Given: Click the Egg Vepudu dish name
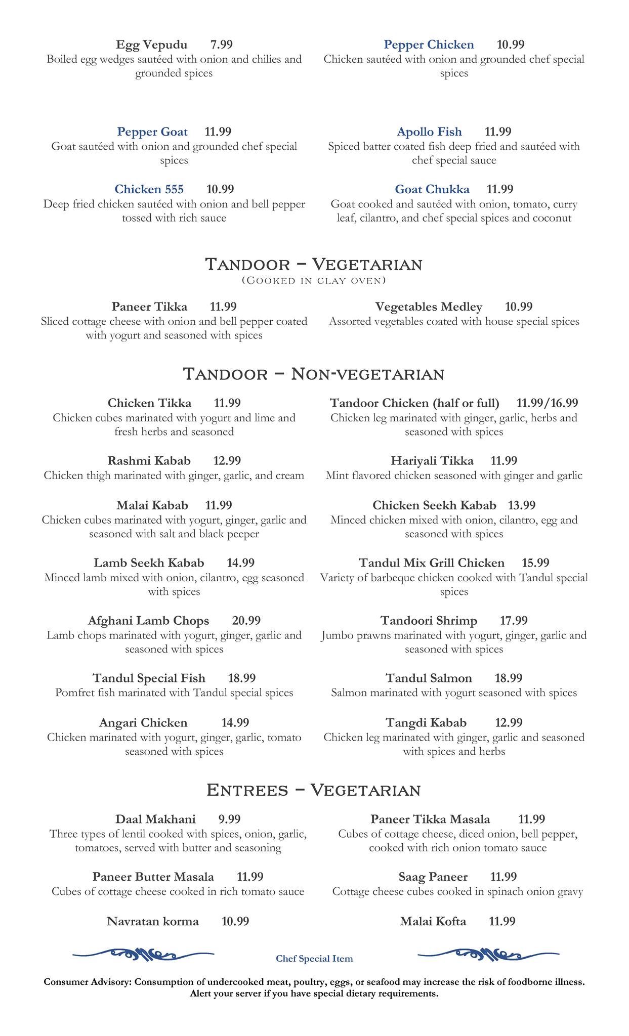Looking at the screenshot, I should pyautogui.click(x=151, y=45).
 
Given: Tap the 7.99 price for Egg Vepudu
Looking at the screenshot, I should pyautogui.click(x=221, y=45).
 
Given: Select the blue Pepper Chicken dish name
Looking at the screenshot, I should pyautogui.click(x=429, y=45).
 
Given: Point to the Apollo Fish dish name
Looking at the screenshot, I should pyautogui.click(x=429, y=132).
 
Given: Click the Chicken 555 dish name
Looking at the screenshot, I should pyautogui.click(x=149, y=190).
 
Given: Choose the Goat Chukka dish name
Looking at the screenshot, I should pyautogui.click(x=432, y=190).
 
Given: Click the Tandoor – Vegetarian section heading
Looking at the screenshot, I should pyautogui.click(x=314, y=264).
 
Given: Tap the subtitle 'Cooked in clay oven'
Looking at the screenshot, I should pyautogui.click(x=314, y=280).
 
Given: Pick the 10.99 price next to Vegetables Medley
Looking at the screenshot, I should pyautogui.click(x=519, y=307).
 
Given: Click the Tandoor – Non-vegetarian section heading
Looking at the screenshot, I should pyautogui.click(x=314, y=374).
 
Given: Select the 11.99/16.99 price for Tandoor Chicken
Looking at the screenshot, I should pyautogui.click(x=547, y=403).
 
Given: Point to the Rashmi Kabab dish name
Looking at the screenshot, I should pyautogui.click(x=149, y=461).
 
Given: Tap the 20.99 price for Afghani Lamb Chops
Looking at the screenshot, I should pyautogui.click(x=246, y=621).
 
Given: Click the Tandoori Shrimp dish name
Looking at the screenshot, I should pyautogui.click(x=429, y=621).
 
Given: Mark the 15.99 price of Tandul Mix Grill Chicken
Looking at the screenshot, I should pyautogui.click(x=535, y=563).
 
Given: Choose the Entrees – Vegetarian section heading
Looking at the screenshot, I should pyautogui.click(x=314, y=790).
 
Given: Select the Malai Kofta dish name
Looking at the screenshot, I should pyautogui.click(x=433, y=921).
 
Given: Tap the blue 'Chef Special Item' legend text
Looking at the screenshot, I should pyautogui.click(x=314, y=959).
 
